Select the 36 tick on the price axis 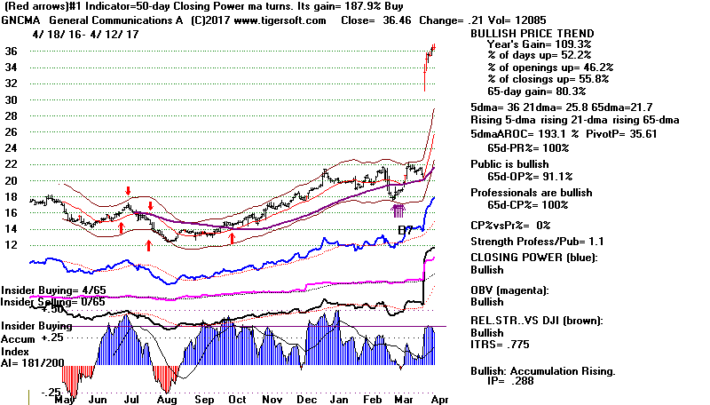click(12, 52)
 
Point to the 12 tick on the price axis click(12, 245)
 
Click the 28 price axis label click(12, 116)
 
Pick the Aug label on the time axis click(167, 399)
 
